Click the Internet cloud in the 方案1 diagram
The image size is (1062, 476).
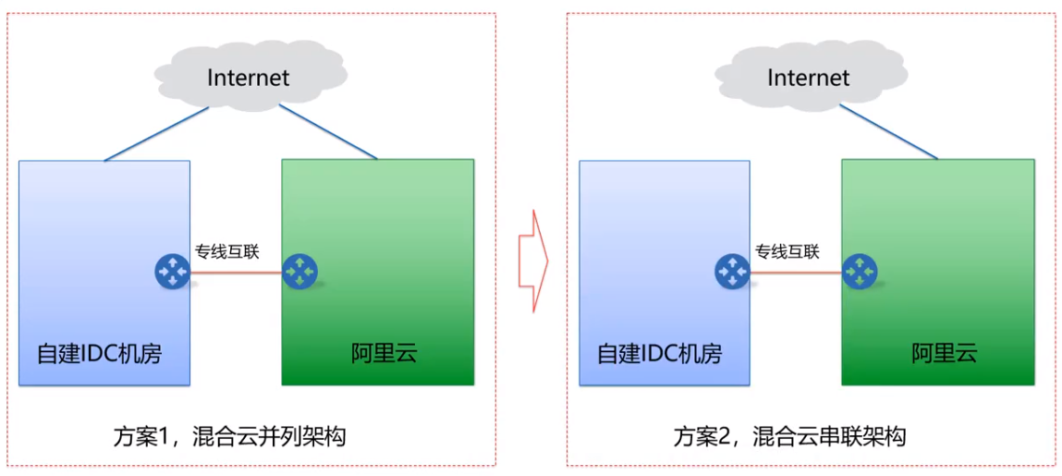tap(248, 77)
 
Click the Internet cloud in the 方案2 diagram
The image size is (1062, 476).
tap(808, 77)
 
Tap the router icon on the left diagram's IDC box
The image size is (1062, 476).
tap(172, 272)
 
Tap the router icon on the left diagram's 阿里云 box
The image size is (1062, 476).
tap(299, 272)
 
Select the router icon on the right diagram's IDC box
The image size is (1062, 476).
tap(732, 272)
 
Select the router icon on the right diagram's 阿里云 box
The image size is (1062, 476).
tap(860, 272)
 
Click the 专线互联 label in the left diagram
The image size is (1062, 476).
tap(227, 251)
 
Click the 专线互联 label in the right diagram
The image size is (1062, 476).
tap(787, 251)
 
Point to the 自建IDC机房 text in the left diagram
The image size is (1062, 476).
tap(100, 353)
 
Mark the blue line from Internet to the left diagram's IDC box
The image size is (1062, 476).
tap(157, 133)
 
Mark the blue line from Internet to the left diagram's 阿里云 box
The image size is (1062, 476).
tap(328, 131)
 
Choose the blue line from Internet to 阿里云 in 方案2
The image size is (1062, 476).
tap(888, 131)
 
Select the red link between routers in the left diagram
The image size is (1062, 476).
tap(236, 273)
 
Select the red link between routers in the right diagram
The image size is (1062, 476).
tap(796, 273)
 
